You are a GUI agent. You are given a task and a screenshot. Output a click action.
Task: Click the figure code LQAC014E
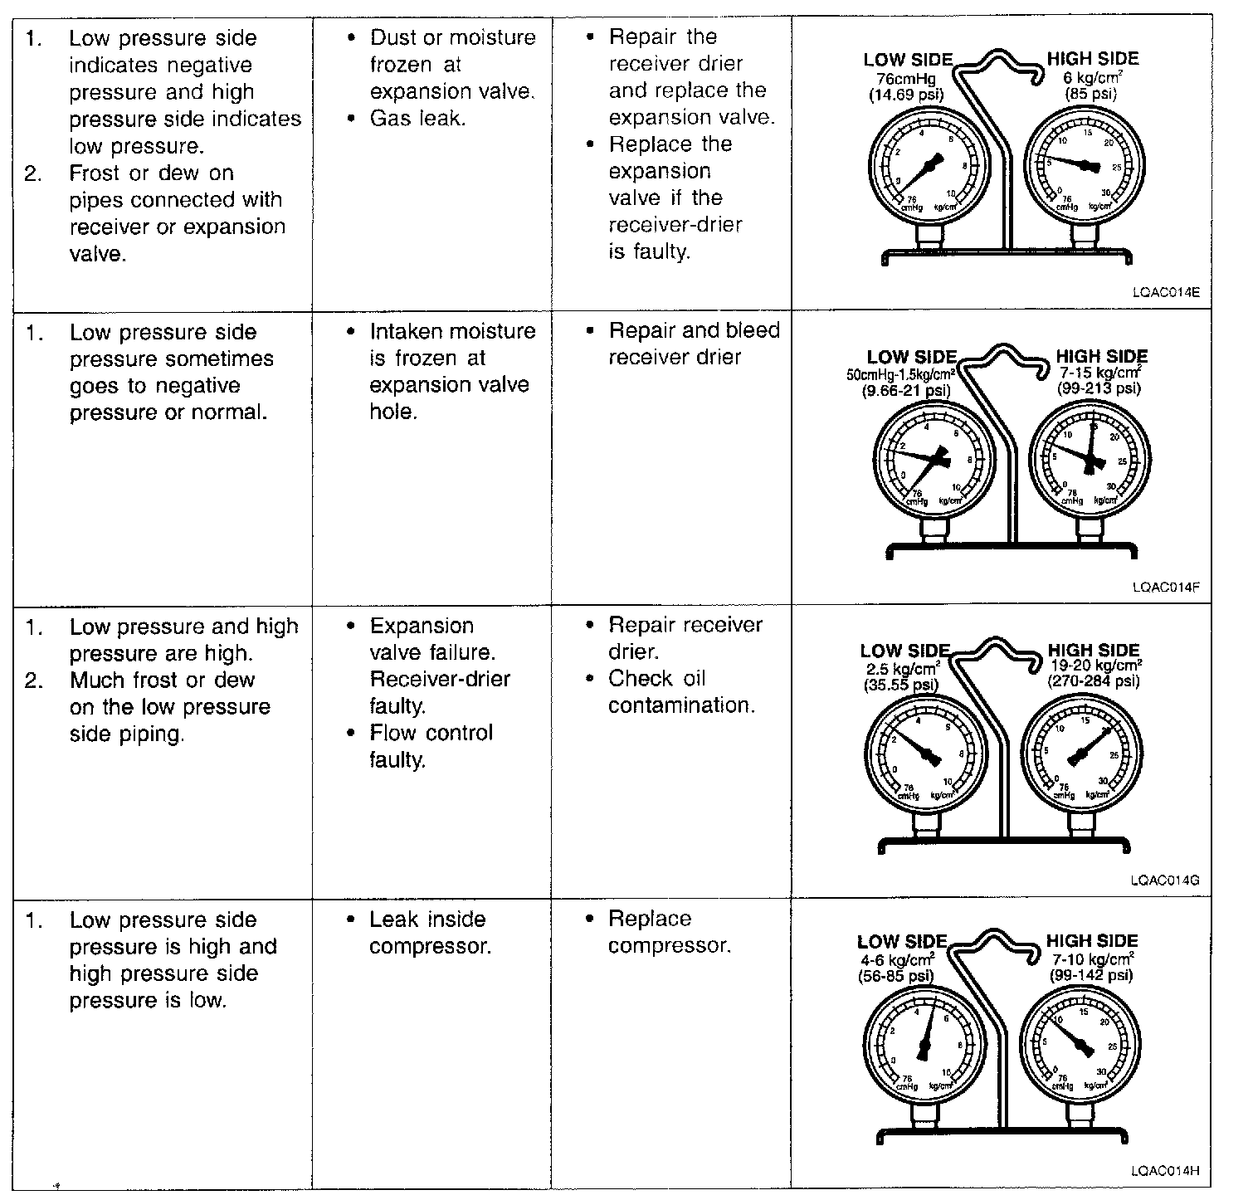click(1165, 292)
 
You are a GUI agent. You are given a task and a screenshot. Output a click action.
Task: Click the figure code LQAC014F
click(1165, 588)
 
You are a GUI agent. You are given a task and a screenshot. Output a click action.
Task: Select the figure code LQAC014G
click(1165, 880)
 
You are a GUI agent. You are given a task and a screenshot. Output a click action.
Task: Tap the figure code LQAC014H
click(1165, 1172)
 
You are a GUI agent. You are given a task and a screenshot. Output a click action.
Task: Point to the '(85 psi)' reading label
click(1090, 94)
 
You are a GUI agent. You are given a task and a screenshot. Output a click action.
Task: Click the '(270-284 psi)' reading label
click(1094, 681)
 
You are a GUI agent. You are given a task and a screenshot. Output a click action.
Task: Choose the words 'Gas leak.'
click(417, 119)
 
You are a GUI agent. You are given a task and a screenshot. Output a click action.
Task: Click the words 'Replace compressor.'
click(669, 932)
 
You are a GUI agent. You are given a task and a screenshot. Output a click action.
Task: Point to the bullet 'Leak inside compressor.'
click(429, 932)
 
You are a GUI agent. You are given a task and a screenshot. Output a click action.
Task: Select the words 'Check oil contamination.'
click(681, 691)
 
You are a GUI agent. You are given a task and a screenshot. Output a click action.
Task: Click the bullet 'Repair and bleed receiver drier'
click(694, 344)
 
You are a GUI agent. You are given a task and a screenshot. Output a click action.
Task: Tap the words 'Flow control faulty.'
click(430, 746)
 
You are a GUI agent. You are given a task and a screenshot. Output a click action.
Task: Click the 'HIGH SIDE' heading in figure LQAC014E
click(1092, 59)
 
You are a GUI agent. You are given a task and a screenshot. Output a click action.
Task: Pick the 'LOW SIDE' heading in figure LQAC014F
click(911, 358)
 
